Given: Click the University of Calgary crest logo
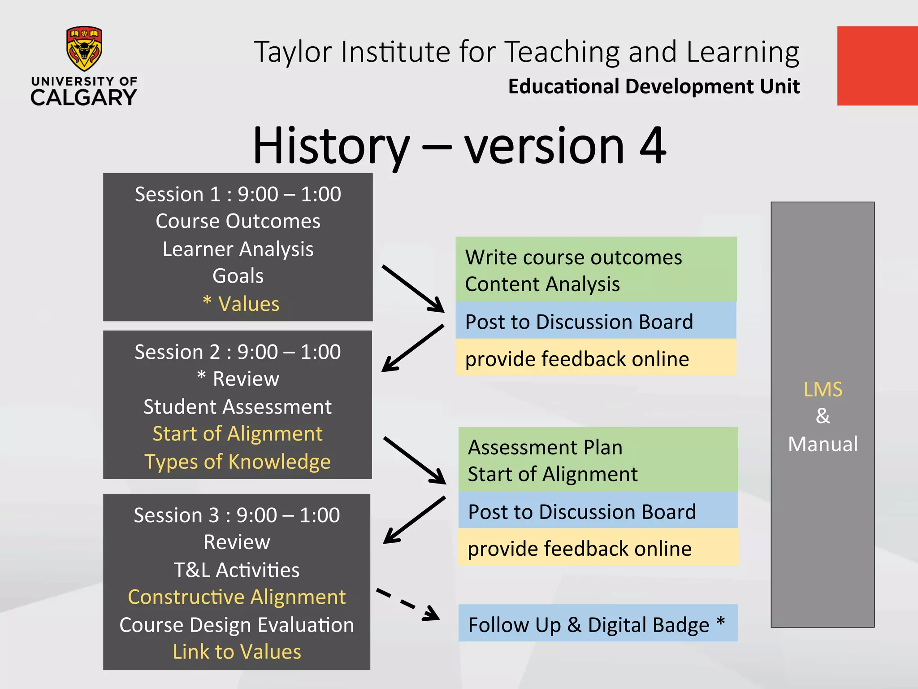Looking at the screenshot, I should (84, 48).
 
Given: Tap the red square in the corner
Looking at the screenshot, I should (877, 66).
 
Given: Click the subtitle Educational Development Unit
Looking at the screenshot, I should (654, 87).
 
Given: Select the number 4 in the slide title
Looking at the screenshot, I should (653, 146).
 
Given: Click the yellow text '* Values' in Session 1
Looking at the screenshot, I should (241, 304).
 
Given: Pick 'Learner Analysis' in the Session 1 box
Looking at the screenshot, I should (238, 249).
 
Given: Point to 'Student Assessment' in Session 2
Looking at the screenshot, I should (238, 407).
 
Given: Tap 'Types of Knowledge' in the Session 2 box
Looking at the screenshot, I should (238, 462).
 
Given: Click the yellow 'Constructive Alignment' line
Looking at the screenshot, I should (237, 597).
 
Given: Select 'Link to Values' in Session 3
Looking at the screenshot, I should (237, 652).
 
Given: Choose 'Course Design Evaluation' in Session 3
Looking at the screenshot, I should (237, 625).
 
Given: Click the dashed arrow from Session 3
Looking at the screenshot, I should (408, 605).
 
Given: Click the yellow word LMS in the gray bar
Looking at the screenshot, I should (823, 389).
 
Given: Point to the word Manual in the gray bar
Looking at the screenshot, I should (823, 444).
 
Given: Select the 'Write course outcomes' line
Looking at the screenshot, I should (574, 257).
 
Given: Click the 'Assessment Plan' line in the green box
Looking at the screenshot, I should (545, 447).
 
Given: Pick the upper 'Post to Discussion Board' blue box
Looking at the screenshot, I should (596, 321).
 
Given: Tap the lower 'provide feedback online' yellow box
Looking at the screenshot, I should (598, 548).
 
